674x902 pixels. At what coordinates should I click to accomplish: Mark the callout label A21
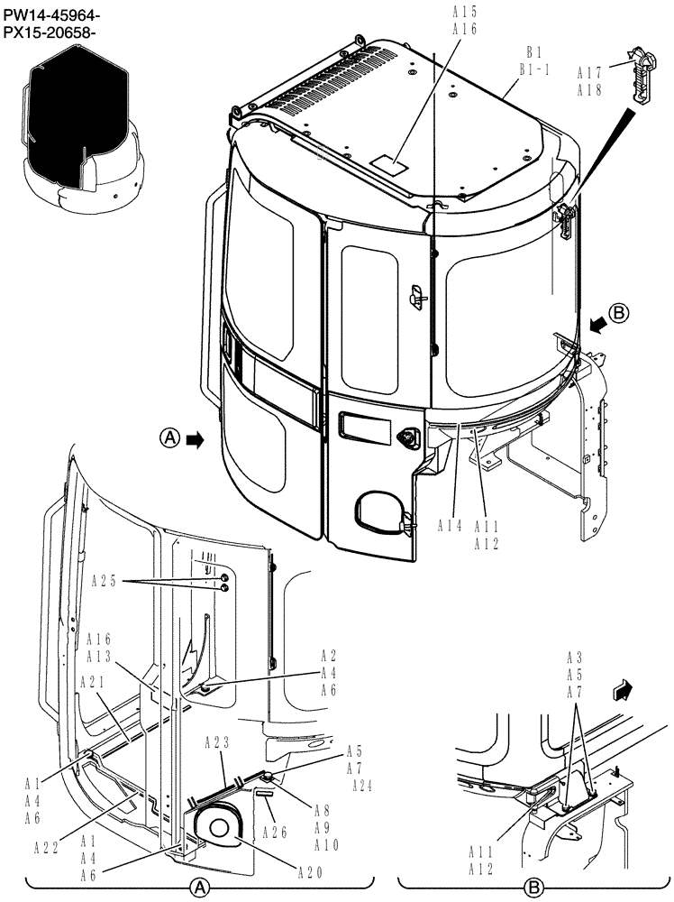click(93, 682)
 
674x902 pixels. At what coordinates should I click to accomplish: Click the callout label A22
click(48, 846)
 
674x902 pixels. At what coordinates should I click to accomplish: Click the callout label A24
click(360, 785)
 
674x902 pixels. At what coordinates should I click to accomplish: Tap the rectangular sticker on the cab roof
click(388, 164)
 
